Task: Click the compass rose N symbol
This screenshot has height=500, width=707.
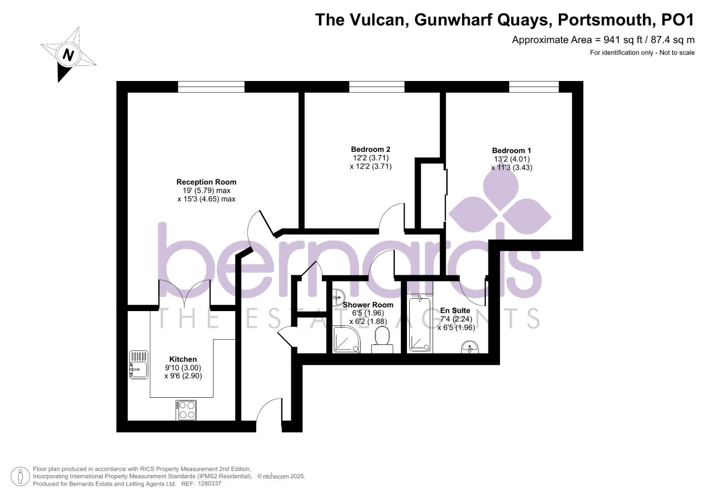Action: (69, 55)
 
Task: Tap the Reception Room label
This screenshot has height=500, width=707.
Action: (206, 182)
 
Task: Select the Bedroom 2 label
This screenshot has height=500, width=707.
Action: (370, 149)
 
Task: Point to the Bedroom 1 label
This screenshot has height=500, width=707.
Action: (511, 150)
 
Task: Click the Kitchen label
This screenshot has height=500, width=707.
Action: (183, 359)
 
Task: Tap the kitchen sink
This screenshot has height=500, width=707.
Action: (138, 365)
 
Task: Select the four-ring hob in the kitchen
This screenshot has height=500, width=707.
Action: (186, 410)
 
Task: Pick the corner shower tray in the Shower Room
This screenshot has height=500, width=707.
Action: (345, 340)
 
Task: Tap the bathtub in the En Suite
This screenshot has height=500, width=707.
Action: (420, 325)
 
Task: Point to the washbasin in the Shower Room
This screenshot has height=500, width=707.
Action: (338, 295)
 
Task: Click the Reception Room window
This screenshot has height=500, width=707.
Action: (211, 87)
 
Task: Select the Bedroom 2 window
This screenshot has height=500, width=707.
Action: (376, 87)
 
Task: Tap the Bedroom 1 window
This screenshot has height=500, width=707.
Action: (534, 87)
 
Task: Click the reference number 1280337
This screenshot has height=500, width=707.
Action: (209, 484)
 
